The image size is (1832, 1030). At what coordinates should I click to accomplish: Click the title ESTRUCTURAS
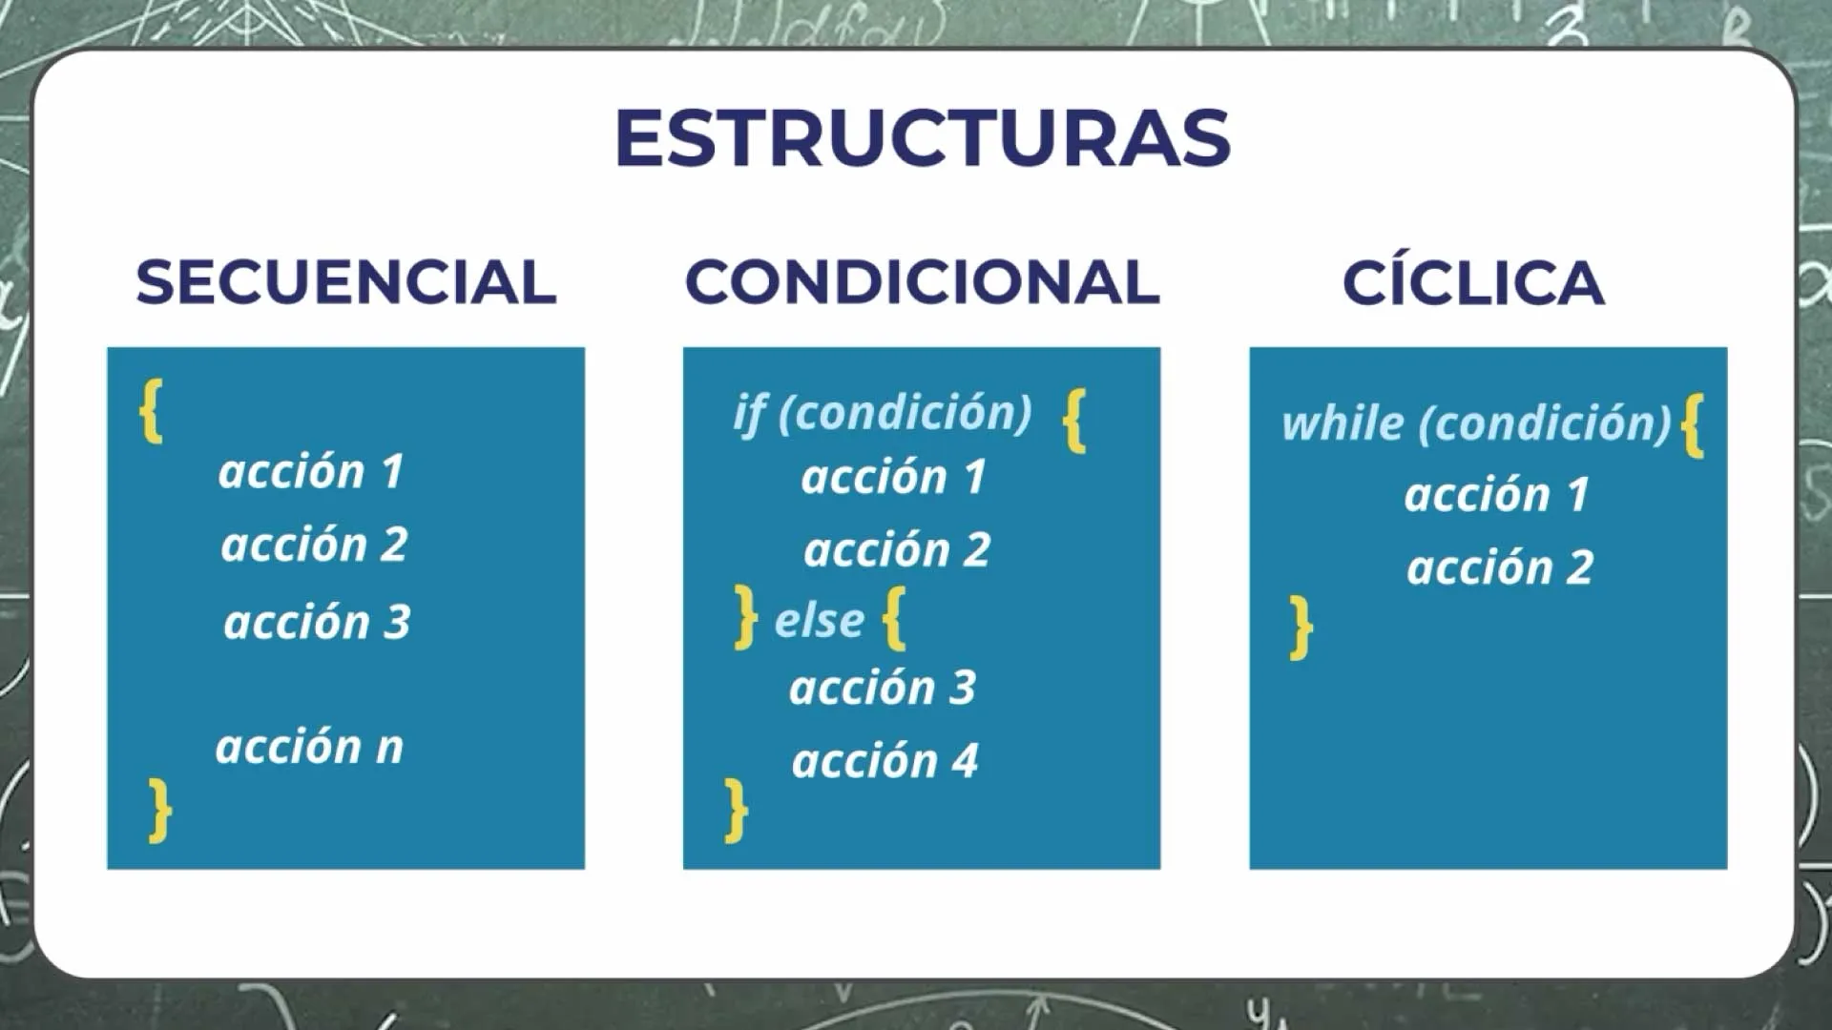coord(923,137)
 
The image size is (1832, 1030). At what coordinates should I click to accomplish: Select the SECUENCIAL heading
coord(346,282)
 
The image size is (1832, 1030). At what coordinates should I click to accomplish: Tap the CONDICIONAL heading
coord(923,282)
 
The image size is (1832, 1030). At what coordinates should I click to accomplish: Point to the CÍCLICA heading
coord(1473,282)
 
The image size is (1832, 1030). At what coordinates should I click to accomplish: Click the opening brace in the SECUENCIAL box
coord(152,411)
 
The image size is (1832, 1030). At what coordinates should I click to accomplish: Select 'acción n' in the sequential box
coord(310,746)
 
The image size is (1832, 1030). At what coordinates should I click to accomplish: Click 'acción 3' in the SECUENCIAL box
coord(317,622)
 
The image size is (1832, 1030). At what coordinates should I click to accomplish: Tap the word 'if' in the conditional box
coord(750,413)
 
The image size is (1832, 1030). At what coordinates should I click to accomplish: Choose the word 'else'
coord(819,620)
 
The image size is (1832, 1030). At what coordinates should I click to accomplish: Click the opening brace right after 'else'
coord(894,619)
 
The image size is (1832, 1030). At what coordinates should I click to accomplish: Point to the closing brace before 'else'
coord(746,618)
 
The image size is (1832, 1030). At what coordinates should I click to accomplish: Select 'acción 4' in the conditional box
coord(885,761)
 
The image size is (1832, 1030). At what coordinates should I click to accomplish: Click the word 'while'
coord(1343,422)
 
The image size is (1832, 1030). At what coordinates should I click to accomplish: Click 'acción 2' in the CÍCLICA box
coord(1500,567)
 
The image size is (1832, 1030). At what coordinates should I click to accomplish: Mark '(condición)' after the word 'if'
coord(906,413)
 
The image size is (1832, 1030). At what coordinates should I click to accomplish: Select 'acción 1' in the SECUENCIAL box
coord(311,471)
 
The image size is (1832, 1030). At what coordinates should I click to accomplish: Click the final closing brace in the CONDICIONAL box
coord(736,811)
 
